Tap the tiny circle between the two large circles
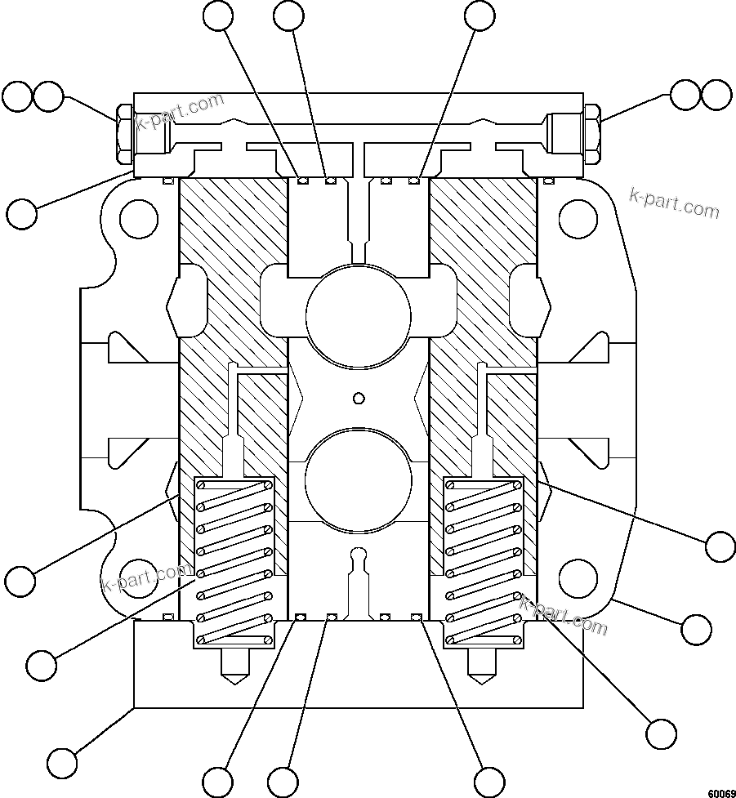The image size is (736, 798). [x=357, y=399]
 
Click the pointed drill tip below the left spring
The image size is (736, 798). [x=234, y=668]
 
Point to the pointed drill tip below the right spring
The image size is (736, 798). [x=482, y=668]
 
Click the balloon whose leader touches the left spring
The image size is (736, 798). [x=42, y=665]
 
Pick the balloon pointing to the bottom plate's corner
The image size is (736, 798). [x=62, y=764]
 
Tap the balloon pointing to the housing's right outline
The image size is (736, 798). [x=696, y=629]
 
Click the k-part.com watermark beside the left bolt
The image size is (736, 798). [x=180, y=112]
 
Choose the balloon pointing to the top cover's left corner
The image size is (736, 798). [x=22, y=213]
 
